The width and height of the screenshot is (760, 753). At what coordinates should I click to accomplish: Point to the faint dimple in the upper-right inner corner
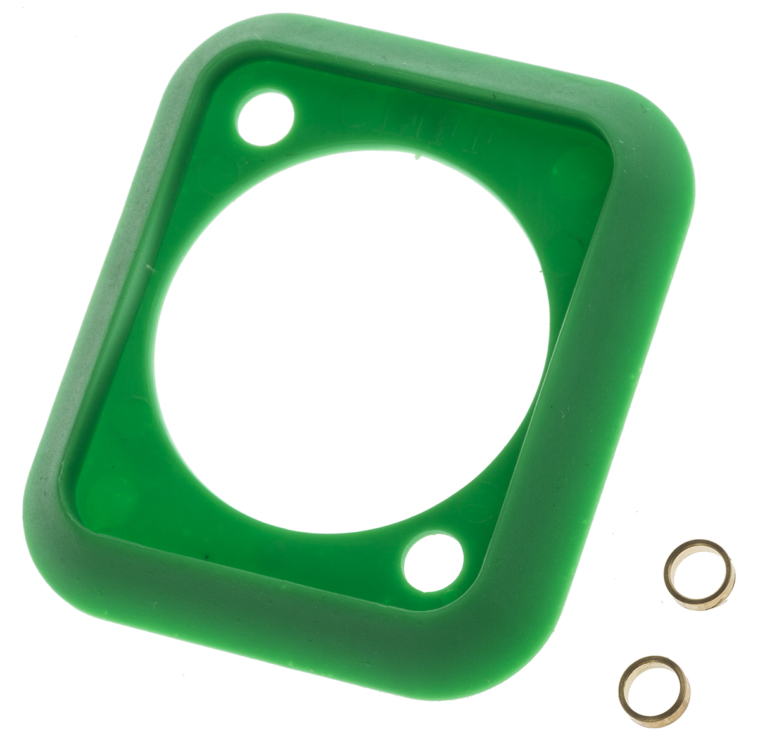click(x=573, y=168)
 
